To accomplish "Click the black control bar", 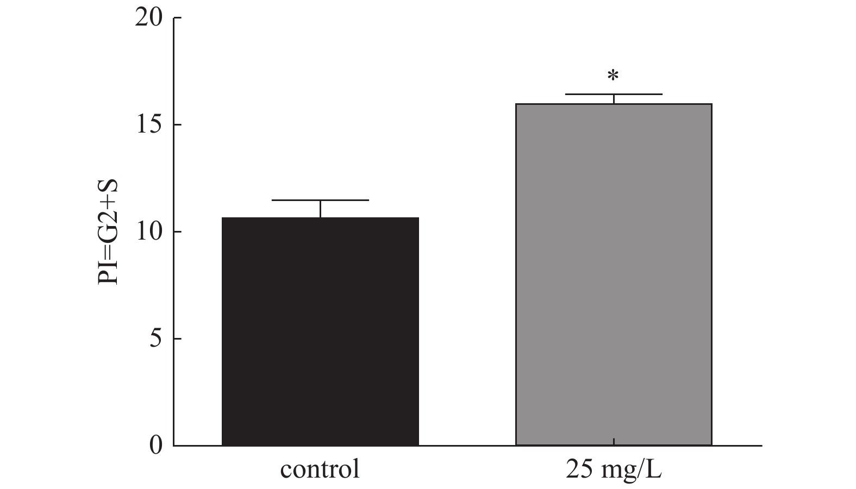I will point(320,331).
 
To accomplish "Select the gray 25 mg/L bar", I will point(613,274).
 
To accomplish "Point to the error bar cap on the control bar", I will point(320,200).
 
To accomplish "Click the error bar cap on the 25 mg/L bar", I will point(613,95).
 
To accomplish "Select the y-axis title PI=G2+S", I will point(109,232).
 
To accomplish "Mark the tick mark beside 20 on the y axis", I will point(177,18).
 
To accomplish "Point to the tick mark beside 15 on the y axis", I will point(177,125).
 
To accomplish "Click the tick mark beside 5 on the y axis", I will point(177,339).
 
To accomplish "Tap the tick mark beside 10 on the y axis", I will point(177,232).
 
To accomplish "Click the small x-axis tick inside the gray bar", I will point(613,442).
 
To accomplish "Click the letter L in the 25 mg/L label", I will point(655,469).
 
